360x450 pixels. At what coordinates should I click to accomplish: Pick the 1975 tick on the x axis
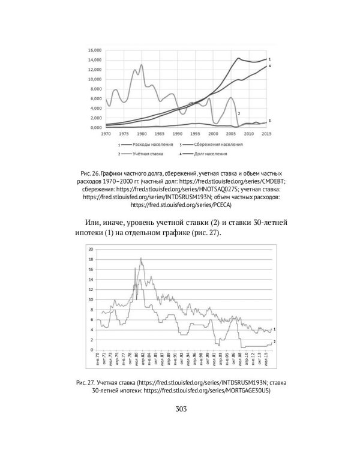tap(125, 134)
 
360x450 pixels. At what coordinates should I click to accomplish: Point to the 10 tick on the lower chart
tap(91, 299)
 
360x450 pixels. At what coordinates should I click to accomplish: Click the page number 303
tap(180, 409)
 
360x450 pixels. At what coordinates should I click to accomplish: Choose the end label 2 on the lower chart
tap(274, 341)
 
